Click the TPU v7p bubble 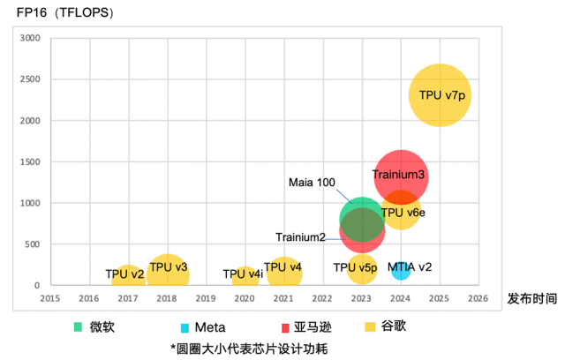pos(440,94)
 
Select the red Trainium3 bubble pos(401,175)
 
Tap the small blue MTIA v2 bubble pos(401,269)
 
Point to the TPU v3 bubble pos(167,270)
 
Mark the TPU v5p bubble pos(362,267)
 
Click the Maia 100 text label pos(312,183)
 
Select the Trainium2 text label pos(300,236)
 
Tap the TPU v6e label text pos(403,213)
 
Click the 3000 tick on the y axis pos(30,38)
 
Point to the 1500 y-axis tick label pos(30,162)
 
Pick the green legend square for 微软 pos(79,326)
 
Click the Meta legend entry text pos(209,326)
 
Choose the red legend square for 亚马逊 pos(285,326)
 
